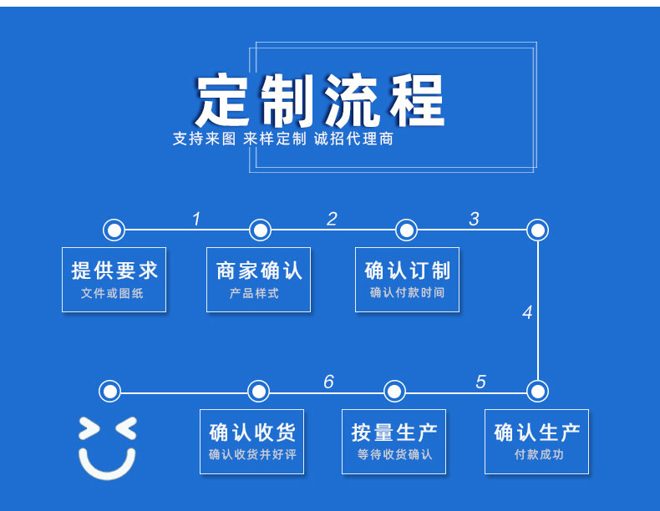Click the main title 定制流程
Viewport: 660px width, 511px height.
tap(321, 101)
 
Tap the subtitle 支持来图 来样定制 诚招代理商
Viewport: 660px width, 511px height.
tap(282, 139)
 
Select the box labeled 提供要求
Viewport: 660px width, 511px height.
tap(114, 280)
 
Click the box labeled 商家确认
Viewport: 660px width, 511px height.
tap(258, 280)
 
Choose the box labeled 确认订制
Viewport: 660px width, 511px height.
tap(407, 280)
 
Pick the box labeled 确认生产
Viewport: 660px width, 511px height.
tap(536, 442)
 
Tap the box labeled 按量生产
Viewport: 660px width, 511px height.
tap(393, 442)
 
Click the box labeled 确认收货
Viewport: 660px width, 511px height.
tap(251, 442)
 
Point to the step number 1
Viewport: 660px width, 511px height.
tap(196, 220)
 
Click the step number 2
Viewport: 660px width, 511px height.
tap(332, 220)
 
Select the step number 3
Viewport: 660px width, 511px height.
tap(474, 220)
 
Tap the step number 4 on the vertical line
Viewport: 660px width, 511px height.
tap(527, 313)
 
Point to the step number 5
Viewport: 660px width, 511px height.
tap(480, 382)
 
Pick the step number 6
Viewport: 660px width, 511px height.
tap(328, 382)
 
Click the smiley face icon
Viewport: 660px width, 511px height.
tap(107, 448)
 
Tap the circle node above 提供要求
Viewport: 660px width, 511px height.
tap(114, 230)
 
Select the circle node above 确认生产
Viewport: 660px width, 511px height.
tap(538, 391)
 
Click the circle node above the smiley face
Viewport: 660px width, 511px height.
tap(109, 391)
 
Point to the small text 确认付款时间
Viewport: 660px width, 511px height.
tap(407, 293)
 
